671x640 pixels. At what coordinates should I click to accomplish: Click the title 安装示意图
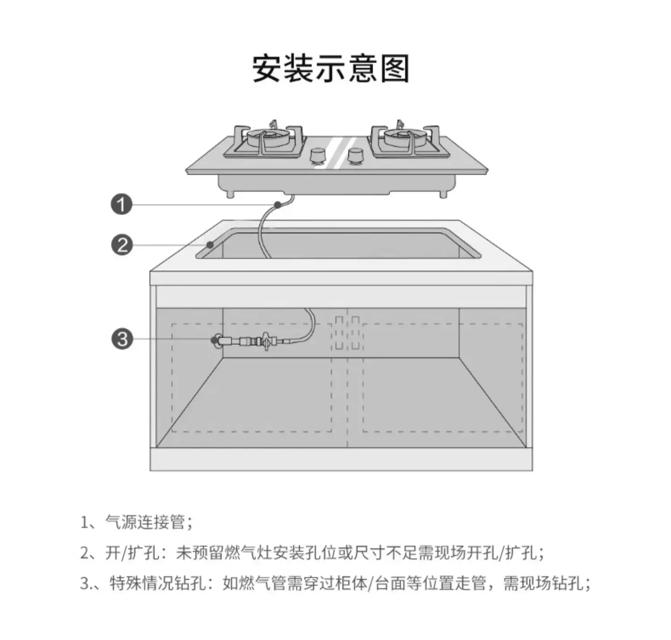tap(331, 68)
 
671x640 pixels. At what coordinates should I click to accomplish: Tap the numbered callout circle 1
tap(121, 205)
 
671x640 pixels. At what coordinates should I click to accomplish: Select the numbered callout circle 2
tap(122, 245)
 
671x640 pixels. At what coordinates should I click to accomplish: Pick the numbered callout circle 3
tap(122, 339)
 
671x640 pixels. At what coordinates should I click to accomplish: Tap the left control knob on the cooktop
tap(318, 155)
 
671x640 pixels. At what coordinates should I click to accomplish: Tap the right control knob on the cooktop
tap(356, 155)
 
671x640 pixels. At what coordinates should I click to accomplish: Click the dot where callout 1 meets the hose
tap(278, 205)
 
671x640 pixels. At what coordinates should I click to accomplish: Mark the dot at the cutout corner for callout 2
tap(210, 244)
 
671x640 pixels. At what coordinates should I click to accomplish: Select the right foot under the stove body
tap(443, 194)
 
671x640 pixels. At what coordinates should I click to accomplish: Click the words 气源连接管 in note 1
tap(144, 522)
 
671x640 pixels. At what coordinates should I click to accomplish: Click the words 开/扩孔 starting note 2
tap(132, 553)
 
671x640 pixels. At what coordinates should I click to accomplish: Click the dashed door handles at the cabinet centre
tap(347, 333)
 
